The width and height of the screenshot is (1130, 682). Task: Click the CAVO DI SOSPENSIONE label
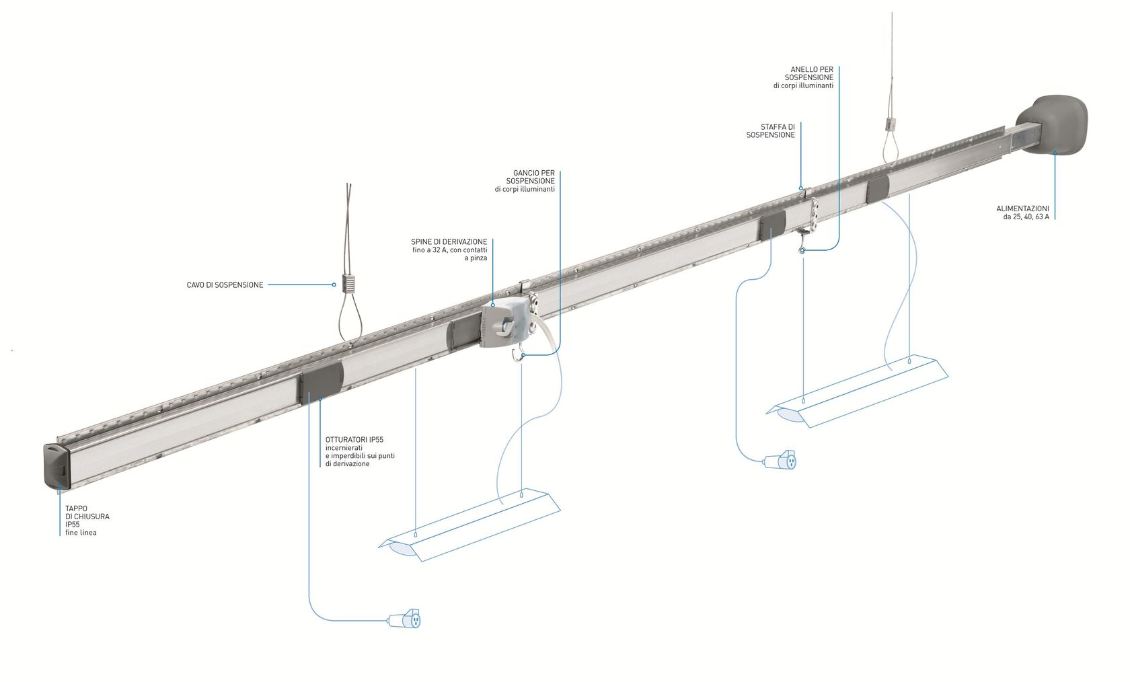coord(225,285)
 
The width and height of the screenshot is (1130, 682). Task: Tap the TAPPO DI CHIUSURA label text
coord(87,517)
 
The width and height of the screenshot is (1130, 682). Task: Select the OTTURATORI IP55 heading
coord(354,440)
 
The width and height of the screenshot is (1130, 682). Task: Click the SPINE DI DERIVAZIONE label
coord(449,241)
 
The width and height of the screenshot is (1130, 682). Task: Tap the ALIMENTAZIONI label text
coord(1022,209)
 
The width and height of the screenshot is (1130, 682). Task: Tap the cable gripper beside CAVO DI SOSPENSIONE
coord(348,282)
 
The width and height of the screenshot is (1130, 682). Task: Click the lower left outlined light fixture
coord(471,525)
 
